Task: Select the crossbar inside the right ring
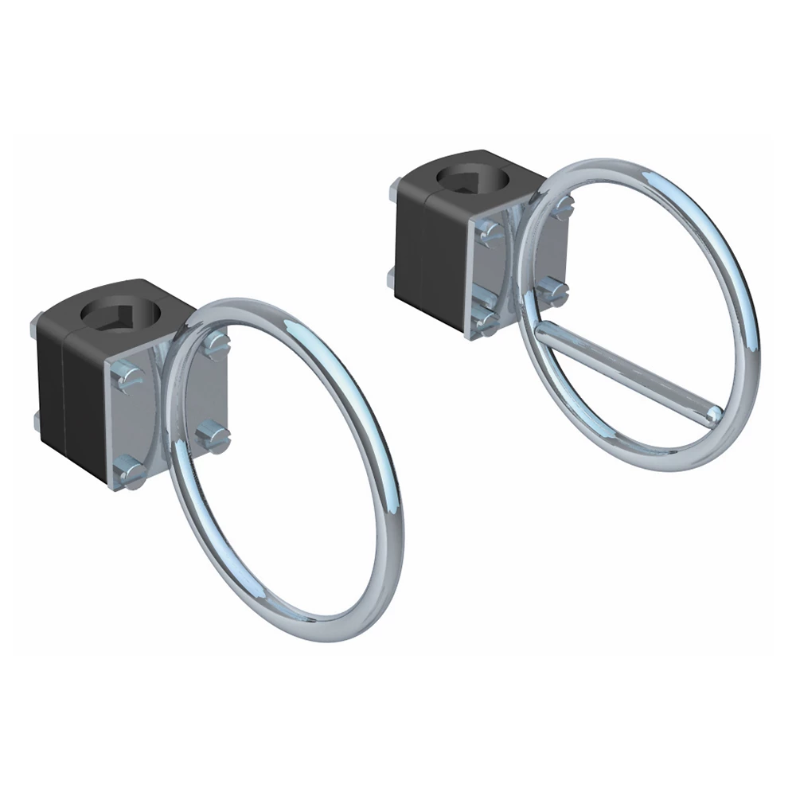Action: coord(629,370)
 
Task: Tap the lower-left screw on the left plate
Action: coord(127,471)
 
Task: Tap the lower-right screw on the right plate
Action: coord(550,292)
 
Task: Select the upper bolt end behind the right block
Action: coord(392,190)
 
